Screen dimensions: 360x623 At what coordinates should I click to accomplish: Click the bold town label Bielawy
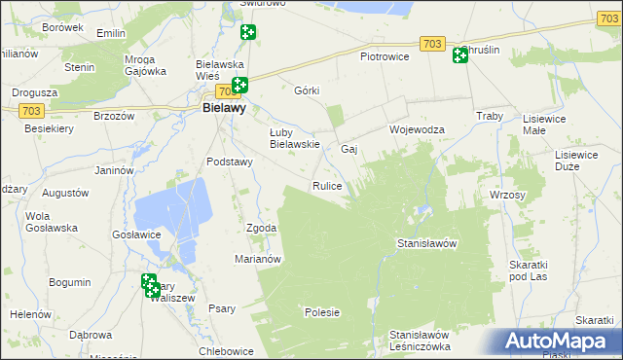[223, 109]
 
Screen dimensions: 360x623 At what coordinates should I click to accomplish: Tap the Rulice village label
[326, 185]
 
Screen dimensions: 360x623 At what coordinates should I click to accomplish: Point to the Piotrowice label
[385, 55]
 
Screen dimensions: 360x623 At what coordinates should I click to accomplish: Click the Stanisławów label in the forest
[427, 243]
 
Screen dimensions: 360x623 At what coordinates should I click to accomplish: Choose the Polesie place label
[322, 312]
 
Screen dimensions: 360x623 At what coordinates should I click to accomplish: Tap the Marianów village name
[258, 259]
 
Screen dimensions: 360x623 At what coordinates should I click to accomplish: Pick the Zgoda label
[262, 228]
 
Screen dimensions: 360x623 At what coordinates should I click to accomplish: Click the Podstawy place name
[230, 162]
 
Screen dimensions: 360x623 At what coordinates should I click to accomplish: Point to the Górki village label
[307, 90]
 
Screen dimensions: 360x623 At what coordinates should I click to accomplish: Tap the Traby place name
[489, 117]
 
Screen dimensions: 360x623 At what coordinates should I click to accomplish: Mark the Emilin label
[112, 33]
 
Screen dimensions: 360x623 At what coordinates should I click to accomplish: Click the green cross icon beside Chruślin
[460, 56]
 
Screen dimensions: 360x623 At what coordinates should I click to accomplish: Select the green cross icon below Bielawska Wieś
[239, 86]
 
